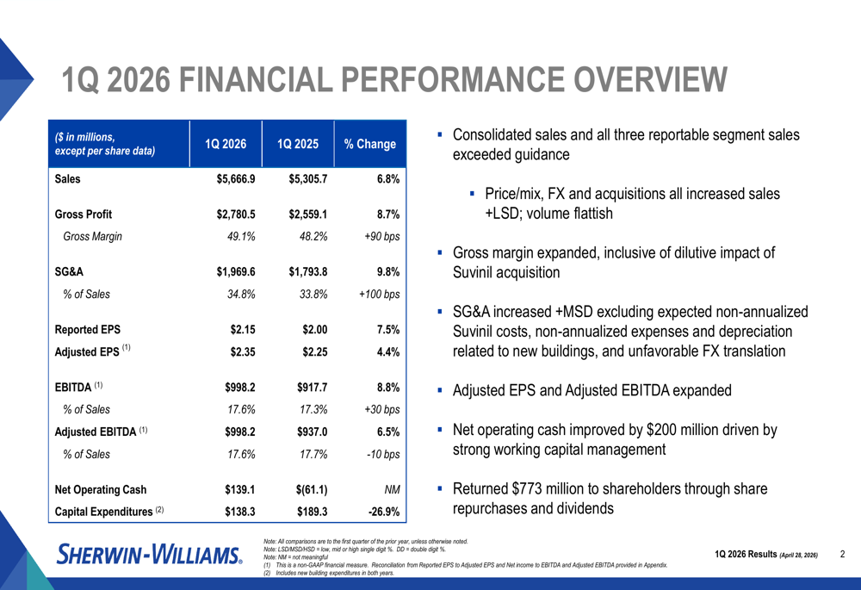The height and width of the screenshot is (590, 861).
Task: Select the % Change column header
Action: point(369,145)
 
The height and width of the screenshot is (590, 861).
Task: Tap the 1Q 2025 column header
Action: point(297,145)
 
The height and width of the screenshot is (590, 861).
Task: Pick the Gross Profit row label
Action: point(83,214)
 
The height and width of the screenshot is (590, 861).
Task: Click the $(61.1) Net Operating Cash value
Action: point(308,490)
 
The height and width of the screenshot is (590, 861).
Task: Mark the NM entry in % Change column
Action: point(393,490)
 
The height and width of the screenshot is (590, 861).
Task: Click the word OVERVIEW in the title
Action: point(650,81)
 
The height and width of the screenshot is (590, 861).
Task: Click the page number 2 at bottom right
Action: point(843,555)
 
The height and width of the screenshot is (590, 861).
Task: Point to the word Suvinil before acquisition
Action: point(475,273)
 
